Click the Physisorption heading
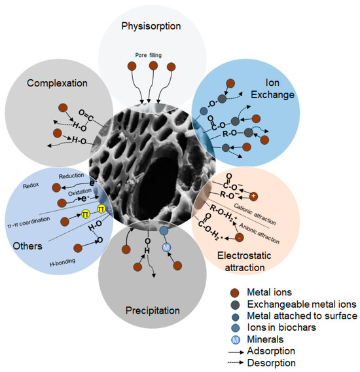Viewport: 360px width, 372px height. (x=152, y=26)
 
